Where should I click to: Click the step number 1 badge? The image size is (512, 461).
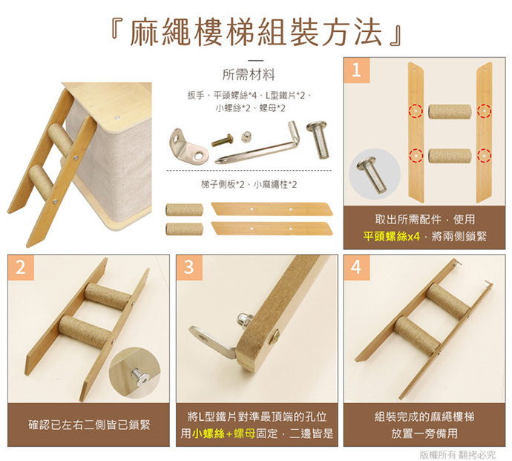click(357, 71)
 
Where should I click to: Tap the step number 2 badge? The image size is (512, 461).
click(21, 267)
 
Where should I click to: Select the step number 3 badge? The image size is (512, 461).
click(189, 267)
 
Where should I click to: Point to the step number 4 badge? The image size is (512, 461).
click(357, 267)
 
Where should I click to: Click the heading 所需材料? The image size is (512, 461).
click(249, 75)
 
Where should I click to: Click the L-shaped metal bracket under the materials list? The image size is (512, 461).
click(188, 146)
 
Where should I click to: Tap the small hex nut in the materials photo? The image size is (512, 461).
click(246, 137)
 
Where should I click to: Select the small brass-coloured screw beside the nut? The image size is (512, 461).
click(222, 140)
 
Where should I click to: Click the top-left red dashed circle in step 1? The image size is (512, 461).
click(416, 111)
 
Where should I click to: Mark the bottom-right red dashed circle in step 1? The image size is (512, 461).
click(484, 155)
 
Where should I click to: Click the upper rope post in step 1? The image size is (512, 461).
click(450, 112)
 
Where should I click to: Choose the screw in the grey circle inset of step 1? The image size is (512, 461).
click(372, 174)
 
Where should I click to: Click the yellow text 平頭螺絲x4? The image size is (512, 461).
click(391, 236)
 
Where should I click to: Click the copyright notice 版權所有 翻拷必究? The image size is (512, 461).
click(457, 454)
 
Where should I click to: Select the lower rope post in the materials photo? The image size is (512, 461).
click(184, 229)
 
